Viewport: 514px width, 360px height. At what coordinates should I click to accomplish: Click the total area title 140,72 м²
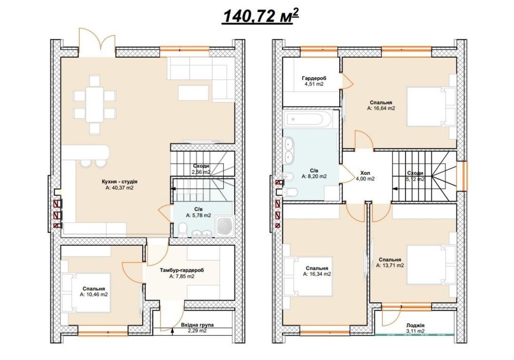pyautogui.click(x=261, y=16)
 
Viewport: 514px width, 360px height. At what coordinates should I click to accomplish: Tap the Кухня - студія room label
pyautogui.click(x=120, y=182)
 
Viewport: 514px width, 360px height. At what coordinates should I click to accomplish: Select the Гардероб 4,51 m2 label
pyautogui.click(x=314, y=81)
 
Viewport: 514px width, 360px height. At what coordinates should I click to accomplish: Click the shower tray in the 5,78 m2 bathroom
pyautogui.click(x=225, y=225)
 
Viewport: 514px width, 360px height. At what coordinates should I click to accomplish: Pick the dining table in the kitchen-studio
pyautogui.click(x=95, y=104)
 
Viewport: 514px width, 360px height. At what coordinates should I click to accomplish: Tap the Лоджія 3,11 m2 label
pyautogui.click(x=415, y=328)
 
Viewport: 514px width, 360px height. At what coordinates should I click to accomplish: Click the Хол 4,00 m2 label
pyautogui.click(x=365, y=176)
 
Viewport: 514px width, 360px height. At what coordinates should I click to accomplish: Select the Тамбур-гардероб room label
pyautogui.click(x=182, y=271)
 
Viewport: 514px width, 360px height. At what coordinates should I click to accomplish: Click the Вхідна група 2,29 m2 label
pyautogui.click(x=197, y=328)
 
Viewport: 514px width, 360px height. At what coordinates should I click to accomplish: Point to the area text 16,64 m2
pyautogui.click(x=381, y=108)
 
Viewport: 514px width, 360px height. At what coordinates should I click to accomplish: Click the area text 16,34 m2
pyautogui.click(x=317, y=274)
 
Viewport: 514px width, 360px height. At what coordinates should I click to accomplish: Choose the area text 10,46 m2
pyautogui.click(x=94, y=295)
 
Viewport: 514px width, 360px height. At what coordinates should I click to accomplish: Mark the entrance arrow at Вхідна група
pyautogui.click(x=173, y=332)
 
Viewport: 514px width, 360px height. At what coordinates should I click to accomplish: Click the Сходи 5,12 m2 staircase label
pyautogui.click(x=415, y=176)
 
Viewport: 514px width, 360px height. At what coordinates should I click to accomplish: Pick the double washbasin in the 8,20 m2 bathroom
pyautogui.click(x=289, y=151)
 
